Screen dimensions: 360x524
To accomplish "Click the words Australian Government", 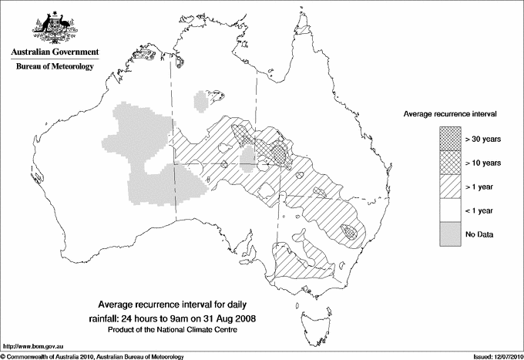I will tap(55, 52).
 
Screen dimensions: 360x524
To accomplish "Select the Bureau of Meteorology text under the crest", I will tap(55, 67).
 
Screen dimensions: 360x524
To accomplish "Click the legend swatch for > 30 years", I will tap(450, 139).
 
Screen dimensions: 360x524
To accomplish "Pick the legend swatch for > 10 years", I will tap(450, 163).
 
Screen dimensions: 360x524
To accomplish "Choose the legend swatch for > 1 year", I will tap(450, 187).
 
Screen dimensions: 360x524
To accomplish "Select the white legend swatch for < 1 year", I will tap(450, 210).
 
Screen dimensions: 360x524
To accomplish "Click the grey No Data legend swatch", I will tap(450, 234).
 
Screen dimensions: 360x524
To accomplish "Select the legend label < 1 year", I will tap(481, 210).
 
